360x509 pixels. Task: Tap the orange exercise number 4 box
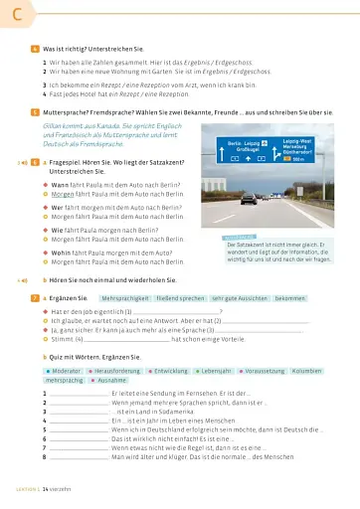pos(36,48)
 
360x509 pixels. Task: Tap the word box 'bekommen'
pos(294,297)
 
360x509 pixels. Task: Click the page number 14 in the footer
pos(45,491)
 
